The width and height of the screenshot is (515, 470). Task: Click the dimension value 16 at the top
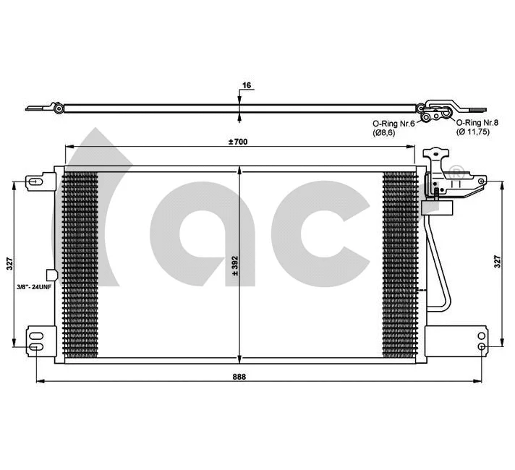[x=247, y=85]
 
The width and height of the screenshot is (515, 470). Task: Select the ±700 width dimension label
[x=237, y=141]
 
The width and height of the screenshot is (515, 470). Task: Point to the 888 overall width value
[x=238, y=377]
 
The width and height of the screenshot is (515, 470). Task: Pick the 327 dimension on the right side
[x=497, y=264]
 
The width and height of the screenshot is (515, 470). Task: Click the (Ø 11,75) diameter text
[x=474, y=133]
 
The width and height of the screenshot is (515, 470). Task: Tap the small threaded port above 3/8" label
[x=50, y=275]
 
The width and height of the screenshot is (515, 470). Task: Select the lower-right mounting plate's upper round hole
[x=482, y=334]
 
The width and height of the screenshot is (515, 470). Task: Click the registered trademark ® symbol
[x=454, y=173]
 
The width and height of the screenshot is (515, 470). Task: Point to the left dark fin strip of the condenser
[x=80, y=265]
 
